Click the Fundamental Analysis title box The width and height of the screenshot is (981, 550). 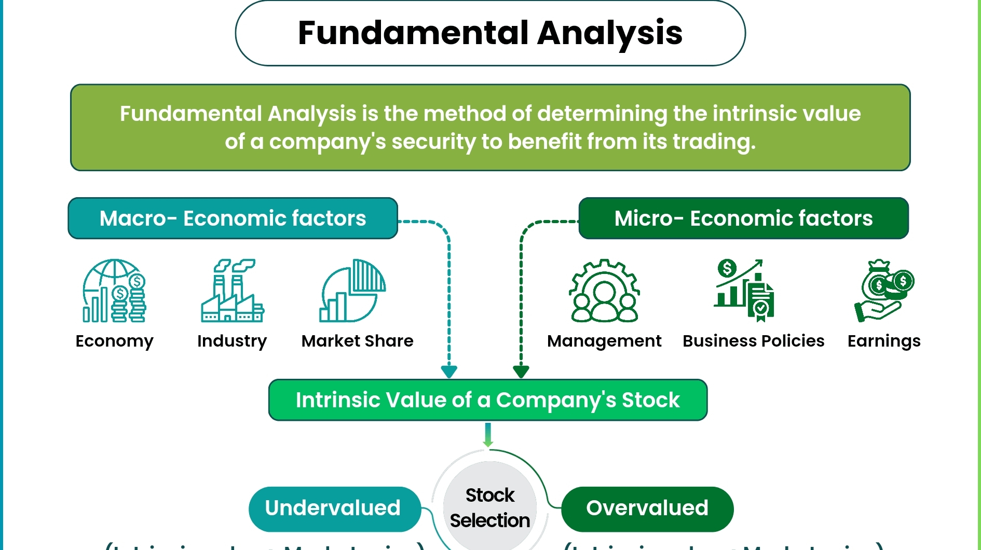tap(490, 33)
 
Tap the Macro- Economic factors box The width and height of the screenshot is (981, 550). tap(233, 218)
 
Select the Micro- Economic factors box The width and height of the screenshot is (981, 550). tap(743, 218)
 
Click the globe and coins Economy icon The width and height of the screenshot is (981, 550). tap(114, 291)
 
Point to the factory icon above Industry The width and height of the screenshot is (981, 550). tap(232, 291)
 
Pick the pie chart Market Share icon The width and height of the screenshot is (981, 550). tap(352, 291)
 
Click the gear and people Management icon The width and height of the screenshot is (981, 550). tap(604, 291)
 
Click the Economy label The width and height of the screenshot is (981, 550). tap(114, 341)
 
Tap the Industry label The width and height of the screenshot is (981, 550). tap(232, 341)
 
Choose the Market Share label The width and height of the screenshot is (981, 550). tap(357, 341)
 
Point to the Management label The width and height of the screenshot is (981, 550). tap(604, 341)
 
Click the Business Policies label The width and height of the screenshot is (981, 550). tap(753, 341)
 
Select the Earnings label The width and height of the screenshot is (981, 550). tap(884, 341)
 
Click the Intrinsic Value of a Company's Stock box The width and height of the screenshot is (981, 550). tap(488, 400)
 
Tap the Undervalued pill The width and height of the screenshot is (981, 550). tap(333, 508)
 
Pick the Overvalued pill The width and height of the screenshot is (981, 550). tap(647, 508)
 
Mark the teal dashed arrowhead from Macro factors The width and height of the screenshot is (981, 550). tap(449, 372)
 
